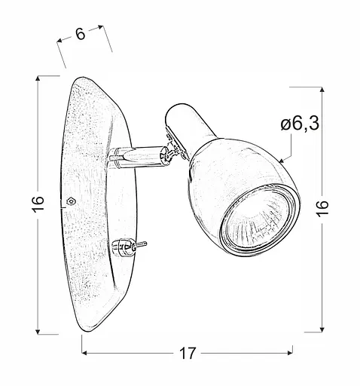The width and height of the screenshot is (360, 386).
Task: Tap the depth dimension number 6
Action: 80,33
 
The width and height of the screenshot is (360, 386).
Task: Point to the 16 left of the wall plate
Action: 39,204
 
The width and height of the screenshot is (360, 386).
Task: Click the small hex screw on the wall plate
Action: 70,201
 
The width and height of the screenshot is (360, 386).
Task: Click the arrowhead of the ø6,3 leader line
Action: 279,161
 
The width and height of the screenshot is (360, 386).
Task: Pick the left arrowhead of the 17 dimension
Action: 84,353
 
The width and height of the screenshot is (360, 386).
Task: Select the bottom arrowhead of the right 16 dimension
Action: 322,329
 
